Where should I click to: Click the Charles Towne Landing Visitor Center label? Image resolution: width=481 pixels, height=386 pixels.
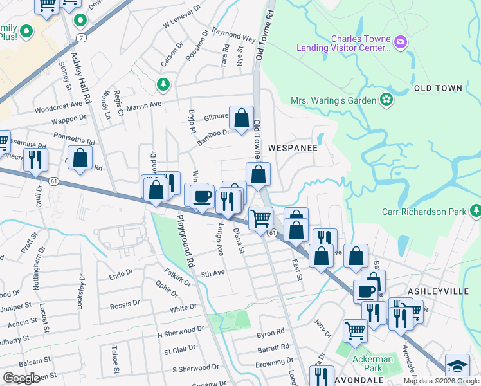[343, 42]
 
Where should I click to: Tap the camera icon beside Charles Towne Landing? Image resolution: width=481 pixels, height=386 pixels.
[401, 42]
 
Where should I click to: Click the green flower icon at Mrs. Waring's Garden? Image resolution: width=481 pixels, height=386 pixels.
[386, 99]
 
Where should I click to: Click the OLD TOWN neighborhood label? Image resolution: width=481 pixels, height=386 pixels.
[438, 88]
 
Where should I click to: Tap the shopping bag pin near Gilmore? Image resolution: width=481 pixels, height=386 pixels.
[241, 118]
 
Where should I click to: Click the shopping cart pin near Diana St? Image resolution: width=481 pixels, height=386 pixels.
[260, 219]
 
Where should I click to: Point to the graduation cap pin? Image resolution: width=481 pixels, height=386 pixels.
[457, 367]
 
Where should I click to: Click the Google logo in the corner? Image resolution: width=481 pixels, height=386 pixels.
[21, 378]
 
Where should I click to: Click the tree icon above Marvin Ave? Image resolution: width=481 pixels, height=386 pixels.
[164, 84]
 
